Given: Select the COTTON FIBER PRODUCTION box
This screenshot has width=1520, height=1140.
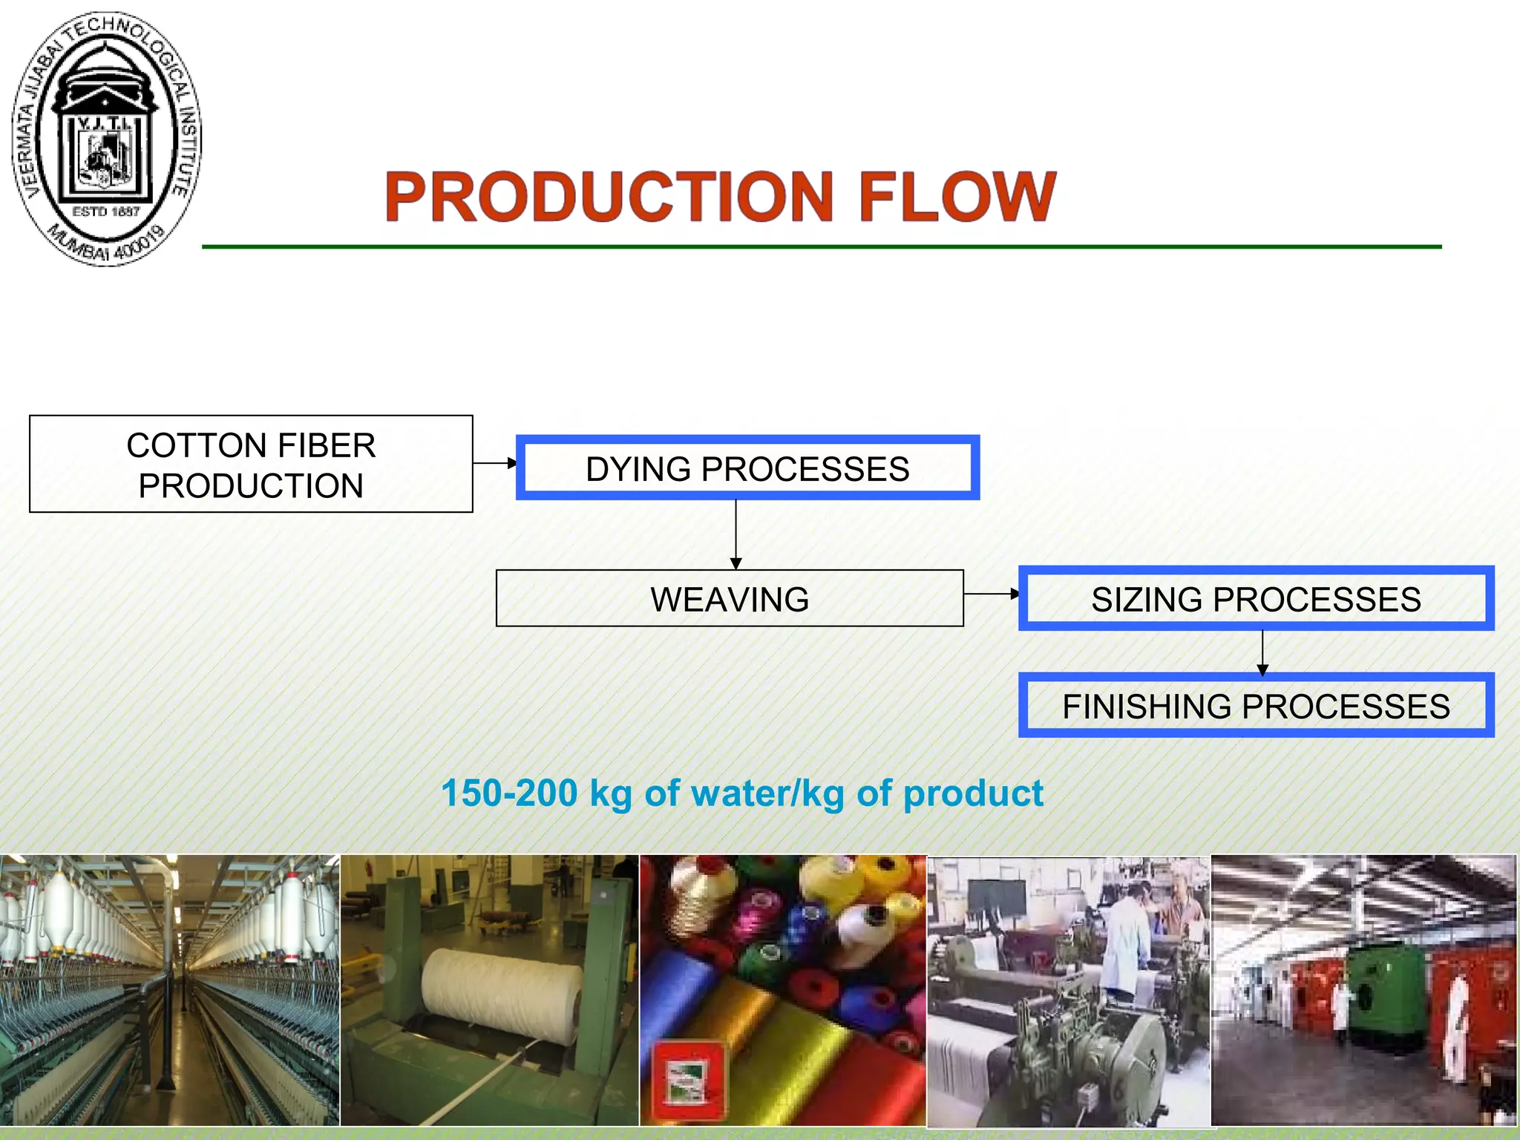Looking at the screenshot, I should (251, 465).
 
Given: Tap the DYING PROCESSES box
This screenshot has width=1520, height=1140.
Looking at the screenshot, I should (747, 468).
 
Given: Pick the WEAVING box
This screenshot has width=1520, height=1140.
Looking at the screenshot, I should (730, 599).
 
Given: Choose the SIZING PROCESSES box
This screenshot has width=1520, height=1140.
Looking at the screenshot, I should (1256, 599).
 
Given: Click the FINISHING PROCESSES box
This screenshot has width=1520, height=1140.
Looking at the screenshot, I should (1256, 706).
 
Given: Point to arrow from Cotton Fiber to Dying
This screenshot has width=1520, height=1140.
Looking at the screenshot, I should (495, 463).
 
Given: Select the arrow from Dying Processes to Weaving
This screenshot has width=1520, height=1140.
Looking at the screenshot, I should (736, 534).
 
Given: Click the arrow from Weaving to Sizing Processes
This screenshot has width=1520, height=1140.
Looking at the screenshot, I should (992, 594).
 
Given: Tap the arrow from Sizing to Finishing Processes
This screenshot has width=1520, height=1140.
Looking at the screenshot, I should (1262, 652).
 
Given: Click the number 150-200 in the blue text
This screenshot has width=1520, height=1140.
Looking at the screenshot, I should (509, 793).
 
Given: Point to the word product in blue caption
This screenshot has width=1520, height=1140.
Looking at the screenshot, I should (973, 793).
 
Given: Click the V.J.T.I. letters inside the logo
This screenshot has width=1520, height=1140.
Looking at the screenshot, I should (105, 122).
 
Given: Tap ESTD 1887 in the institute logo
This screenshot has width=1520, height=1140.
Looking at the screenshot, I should (106, 212).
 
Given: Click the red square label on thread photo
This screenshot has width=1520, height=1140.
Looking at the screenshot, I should (687, 1080).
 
